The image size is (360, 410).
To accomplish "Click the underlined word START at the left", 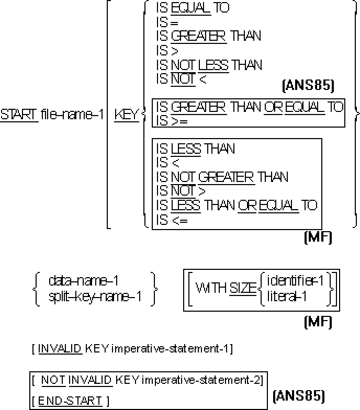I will pos(19,115).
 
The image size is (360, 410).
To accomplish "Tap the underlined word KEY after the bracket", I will pos(126,115).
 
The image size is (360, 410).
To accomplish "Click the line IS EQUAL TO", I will pos(193,8).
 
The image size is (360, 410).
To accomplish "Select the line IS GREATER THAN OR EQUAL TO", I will pos(250,107).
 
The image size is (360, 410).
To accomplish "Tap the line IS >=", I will pos(172,121).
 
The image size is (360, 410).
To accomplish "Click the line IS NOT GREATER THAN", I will pos(222,177).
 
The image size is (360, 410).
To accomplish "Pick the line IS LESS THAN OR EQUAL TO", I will pos(237,205).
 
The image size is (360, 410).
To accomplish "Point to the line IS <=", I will pos(172,220).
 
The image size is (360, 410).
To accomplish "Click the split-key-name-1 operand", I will pos(95,297).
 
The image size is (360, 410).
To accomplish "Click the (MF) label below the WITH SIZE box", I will pos(318,322).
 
